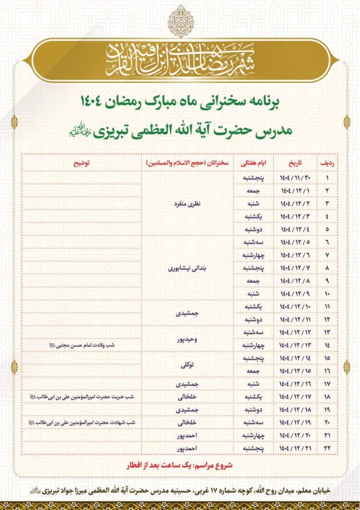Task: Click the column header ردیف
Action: [327, 163]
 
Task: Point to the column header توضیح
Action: [82, 163]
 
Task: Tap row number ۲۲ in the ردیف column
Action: [327, 449]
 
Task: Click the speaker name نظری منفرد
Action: [188, 203]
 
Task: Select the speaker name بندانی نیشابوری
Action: [188, 268]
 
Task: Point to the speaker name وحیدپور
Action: [188, 339]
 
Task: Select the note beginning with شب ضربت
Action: [82, 397]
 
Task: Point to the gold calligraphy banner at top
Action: [180, 61]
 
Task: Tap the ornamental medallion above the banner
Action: [180, 21]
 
